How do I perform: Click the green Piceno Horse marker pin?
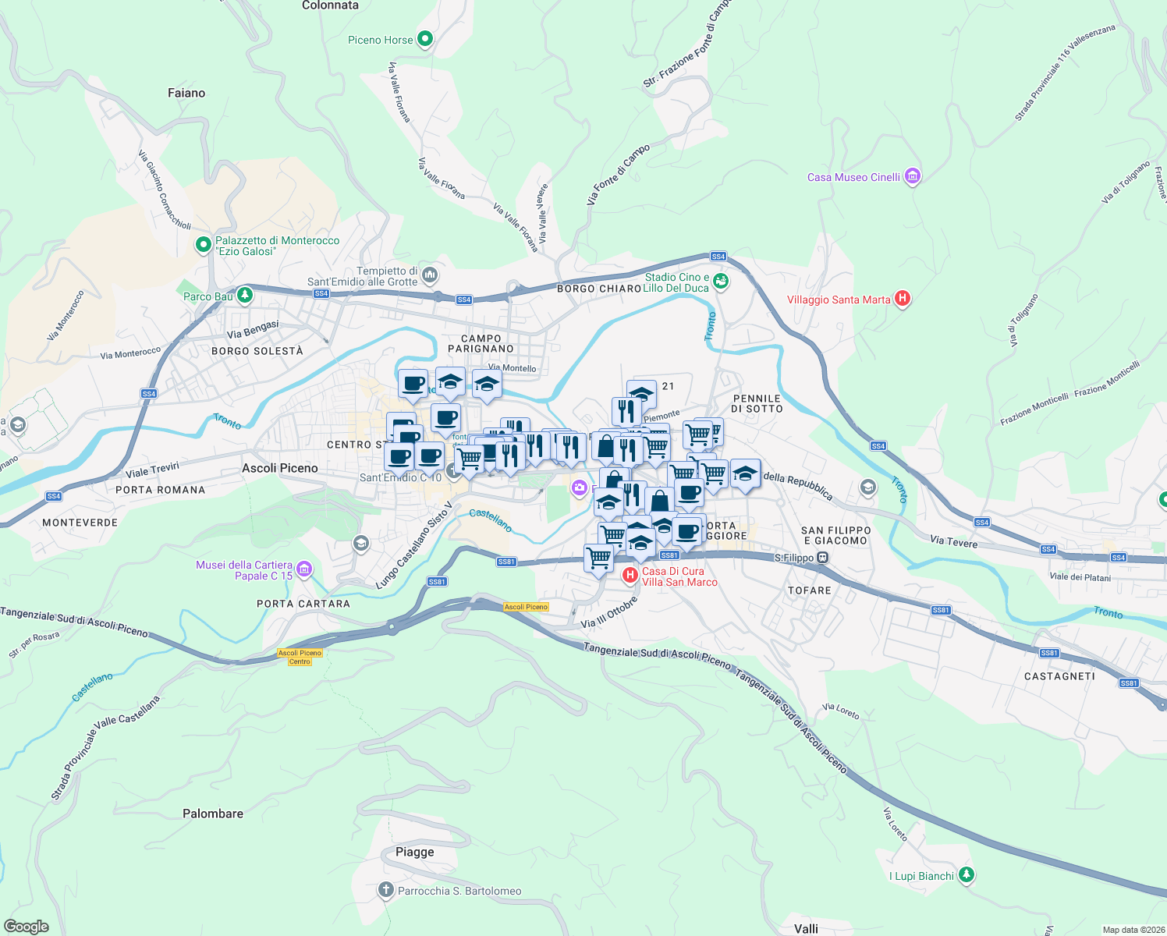(x=425, y=38)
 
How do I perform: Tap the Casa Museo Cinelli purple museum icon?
(x=912, y=177)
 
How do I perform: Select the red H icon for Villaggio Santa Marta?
(x=903, y=298)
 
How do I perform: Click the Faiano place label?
(x=186, y=93)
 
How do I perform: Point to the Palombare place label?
(x=213, y=814)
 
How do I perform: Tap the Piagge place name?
(x=414, y=852)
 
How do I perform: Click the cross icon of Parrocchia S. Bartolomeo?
(x=385, y=890)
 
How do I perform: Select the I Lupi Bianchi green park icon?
(x=967, y=875)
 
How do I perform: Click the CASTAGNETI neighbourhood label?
(x=1059, y=676)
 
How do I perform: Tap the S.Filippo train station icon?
(x=822, y=558)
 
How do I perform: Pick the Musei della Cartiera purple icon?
(x=304, y=569)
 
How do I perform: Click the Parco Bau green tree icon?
(x=245, y=295)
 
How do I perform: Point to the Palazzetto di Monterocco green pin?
(x=203, y=245)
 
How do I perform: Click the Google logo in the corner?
(x=27, y=927)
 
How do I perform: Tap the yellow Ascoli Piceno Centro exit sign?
(x=300, y=657)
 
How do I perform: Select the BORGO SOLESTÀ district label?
(x=257, y=351)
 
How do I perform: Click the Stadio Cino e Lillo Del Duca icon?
(x=721, y=282)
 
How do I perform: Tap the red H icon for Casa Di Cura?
(x=630, y=576)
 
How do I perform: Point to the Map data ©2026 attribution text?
(x=1131, y=930)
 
